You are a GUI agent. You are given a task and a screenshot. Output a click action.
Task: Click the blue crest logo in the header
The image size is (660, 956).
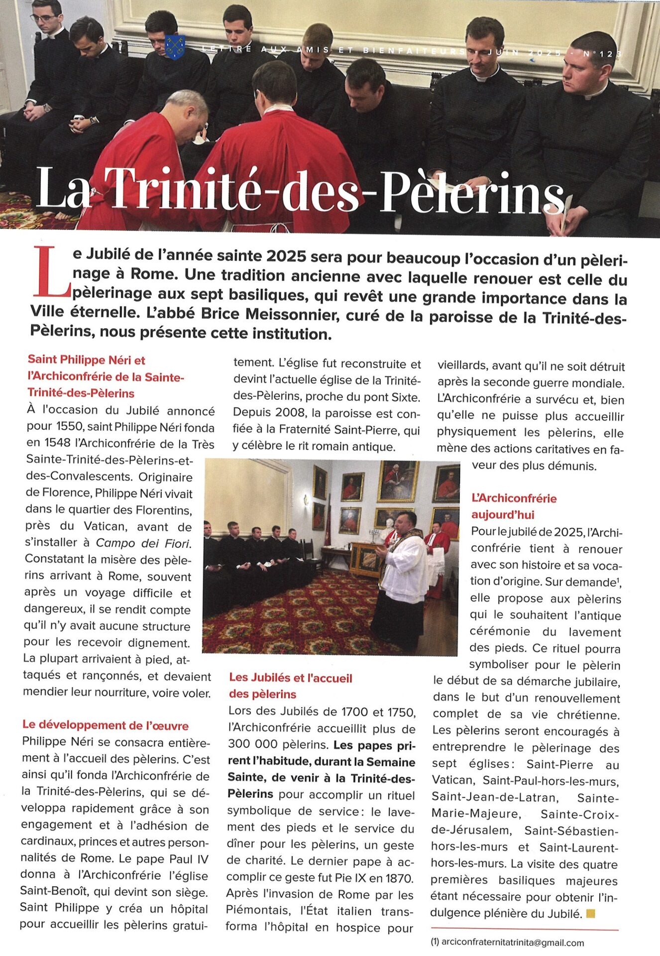175,47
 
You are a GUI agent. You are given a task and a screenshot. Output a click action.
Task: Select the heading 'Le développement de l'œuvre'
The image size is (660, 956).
106,725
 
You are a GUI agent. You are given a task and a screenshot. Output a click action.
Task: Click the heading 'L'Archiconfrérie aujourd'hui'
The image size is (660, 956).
514,506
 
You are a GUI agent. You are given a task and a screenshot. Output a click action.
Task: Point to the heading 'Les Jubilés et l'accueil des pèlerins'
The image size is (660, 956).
290,686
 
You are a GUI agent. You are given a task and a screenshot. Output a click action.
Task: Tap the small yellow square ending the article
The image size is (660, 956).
591,913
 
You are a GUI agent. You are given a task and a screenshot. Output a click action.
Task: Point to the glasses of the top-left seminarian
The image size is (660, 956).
44,17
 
